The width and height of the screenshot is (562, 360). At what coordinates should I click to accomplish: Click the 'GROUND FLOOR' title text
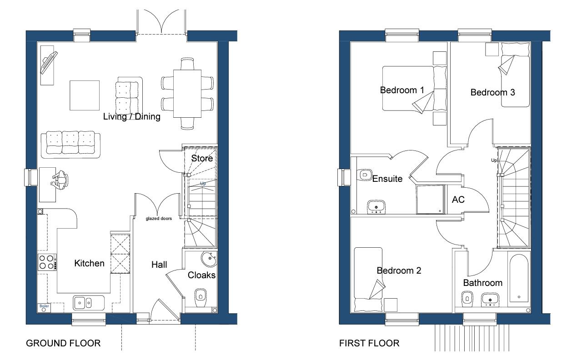(x=63, y=343)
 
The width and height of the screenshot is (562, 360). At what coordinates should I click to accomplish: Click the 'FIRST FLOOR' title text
(x=369, y=343)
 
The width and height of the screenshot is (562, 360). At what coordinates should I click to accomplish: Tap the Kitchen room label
(x=89, y=263)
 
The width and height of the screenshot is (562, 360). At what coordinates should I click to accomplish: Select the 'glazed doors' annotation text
(x=159, y=219)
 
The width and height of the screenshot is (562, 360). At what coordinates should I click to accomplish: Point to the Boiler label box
(x=44, y=306)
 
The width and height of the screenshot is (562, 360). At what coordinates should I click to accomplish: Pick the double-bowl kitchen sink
(x=84, y=301)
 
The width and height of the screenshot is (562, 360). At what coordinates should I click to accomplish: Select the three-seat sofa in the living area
(x=70, y=144)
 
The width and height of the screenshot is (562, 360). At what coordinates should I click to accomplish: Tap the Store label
(x=202, y=159)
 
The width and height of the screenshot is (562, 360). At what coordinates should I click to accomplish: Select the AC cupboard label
(x=458, y=199)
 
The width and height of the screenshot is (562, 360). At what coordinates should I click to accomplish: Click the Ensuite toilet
(x=365, y=174)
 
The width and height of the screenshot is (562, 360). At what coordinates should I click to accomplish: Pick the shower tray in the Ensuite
(x=430, y=199)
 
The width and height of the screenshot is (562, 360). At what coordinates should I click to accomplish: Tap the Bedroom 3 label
(x=492, y=93)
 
